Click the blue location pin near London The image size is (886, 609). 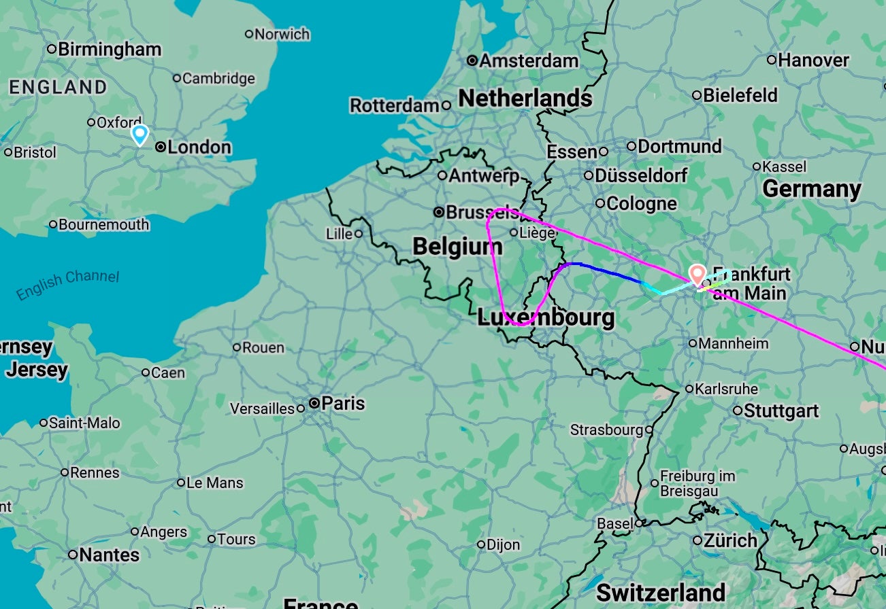pos(140,134)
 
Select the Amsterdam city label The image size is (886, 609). pos(529,60)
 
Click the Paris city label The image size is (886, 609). pos(343,403)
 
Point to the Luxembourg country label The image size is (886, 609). pos(546,317)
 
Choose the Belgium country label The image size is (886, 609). pos(458,247)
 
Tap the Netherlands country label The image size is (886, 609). pos(525,99)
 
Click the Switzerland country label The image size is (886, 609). pos(660,592)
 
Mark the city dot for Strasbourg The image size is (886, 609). pos(649,430)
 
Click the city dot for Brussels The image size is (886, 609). pos(440,212)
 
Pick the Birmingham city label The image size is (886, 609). pos(110,49)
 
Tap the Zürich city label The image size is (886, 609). pos(730,541)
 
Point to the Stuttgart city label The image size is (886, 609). pos(781,411)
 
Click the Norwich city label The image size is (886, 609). pos(282,34)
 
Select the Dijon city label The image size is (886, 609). pos(504,544)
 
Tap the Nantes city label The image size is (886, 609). pos(109,555)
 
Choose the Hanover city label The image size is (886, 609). pos(813,60)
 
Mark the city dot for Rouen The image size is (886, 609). pos(237,347)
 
